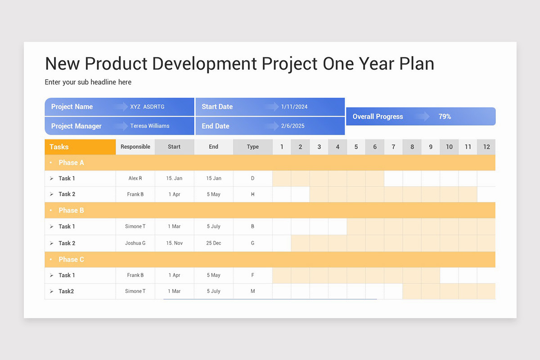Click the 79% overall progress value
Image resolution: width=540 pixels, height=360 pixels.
click(x=445, y=117)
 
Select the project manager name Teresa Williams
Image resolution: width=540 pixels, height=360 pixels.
click(x=150, y=126)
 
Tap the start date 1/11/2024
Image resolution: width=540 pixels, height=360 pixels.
click(x=294, y=107)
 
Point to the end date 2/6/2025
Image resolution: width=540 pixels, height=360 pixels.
click(x=292, y=126)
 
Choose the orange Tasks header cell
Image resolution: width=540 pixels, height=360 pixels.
click(x=80, y=147)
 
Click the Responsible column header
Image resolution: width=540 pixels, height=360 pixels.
click(x=135, y=147)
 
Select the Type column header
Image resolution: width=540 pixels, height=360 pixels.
click(x=253, y=147)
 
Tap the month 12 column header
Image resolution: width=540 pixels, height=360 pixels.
click(x=486, y=147)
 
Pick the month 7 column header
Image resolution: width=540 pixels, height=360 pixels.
click(x=393, y=147)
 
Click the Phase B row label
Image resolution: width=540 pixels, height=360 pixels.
click(x=71, y=210)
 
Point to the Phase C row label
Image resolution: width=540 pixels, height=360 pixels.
click(x=71, y=259)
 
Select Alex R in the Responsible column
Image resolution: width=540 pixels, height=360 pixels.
click(x=135, y=178)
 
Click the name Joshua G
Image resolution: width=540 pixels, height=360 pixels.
click(x=135, y=243)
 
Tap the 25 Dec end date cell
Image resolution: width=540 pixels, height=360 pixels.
click(x=214, y=243)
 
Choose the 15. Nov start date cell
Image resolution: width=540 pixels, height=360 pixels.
click(x=174, y=243)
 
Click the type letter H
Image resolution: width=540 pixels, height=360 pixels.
click(x=253, y=194)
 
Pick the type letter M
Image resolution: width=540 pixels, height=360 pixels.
click(x=253, y=291)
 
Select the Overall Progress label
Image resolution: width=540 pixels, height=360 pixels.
click(x=378, y=117)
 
